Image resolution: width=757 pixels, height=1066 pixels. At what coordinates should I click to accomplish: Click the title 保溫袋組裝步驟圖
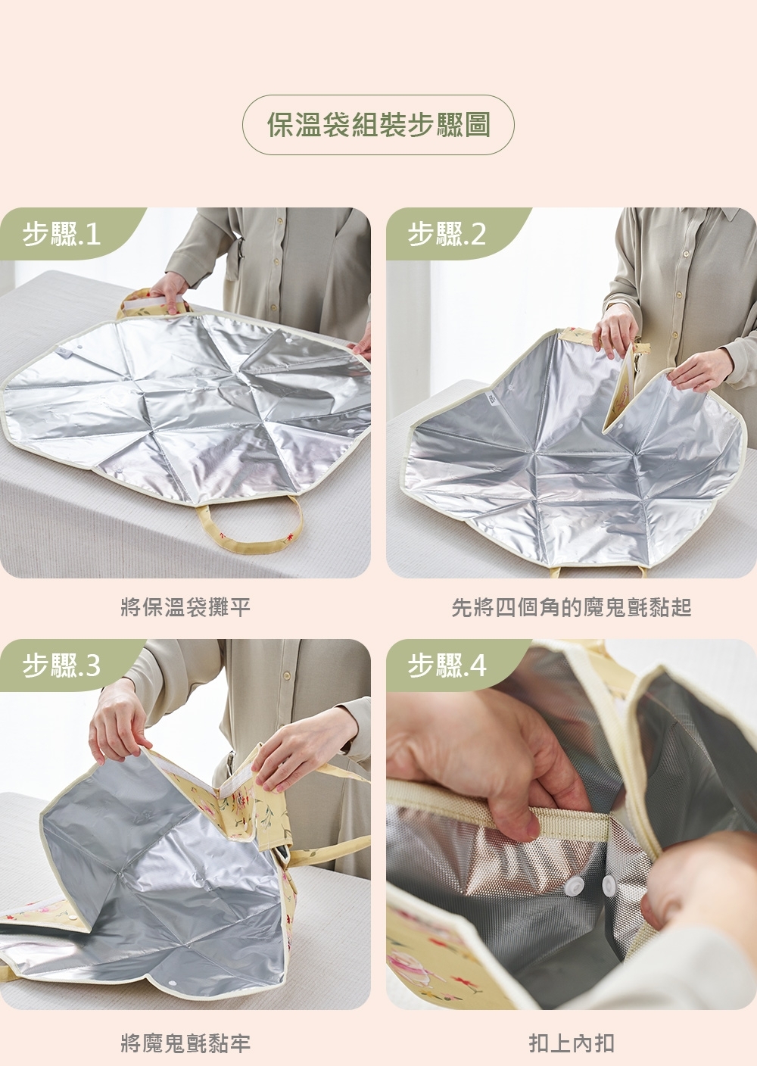tap(378, 125)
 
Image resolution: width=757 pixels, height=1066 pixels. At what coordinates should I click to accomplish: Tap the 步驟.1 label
tap(61, 235)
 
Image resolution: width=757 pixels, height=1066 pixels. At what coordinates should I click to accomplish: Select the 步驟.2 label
tap(447, 235)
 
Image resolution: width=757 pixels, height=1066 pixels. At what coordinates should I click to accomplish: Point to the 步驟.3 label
tap(61, 665)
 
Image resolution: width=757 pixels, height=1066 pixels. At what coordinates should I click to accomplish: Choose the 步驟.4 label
tap(447, 665)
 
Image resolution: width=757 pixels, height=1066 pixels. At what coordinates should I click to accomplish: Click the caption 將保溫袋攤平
tap(185, 606)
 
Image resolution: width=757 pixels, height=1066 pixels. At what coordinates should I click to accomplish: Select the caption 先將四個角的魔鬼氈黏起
tap(571, 606)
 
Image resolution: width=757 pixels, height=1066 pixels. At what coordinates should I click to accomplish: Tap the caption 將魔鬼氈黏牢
tap(185, 1044)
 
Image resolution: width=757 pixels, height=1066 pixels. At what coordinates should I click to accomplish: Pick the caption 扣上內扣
tap(571, 1044)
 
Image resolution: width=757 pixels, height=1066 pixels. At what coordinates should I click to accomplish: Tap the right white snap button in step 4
tap(609, 885)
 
